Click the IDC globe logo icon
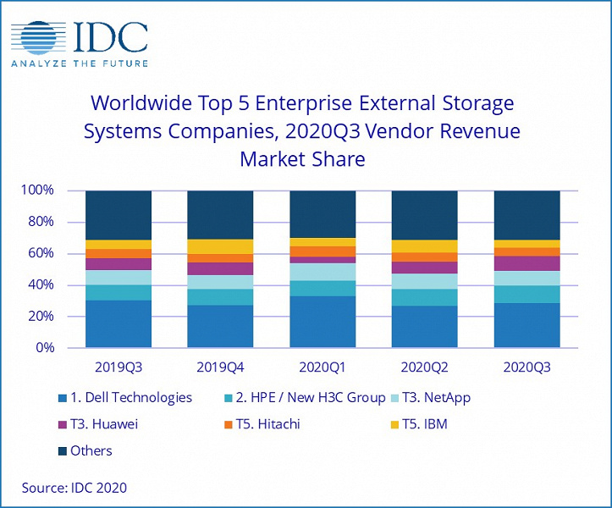coord(41,37)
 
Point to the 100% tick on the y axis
coord(36,190)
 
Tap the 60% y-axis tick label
coord(39,253)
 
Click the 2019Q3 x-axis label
coord(119,368)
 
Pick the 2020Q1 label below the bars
coord(323,368)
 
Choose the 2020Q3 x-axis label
coord(527,368)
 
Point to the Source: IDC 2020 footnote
coord(75,488)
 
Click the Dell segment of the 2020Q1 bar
coord(323,322)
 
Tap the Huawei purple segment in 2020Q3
coord(527,263)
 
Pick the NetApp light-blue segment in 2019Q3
coord(119,278)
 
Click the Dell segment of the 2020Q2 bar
coord(424,327)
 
